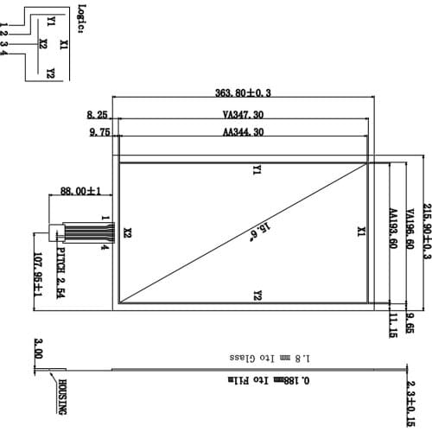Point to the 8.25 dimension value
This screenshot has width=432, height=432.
97,114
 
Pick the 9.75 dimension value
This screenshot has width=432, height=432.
99,132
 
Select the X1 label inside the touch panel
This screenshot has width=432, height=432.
361,232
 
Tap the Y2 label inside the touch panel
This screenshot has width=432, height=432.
257,295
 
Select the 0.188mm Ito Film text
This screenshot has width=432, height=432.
258,380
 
